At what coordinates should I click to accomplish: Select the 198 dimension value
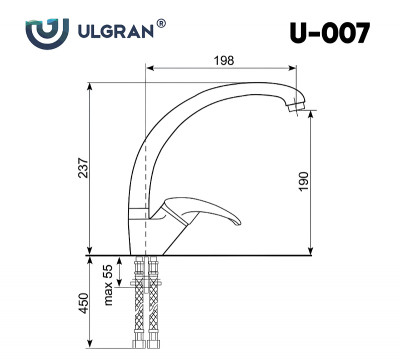(224, 61)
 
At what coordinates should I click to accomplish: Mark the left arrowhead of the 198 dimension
(150, 69)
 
